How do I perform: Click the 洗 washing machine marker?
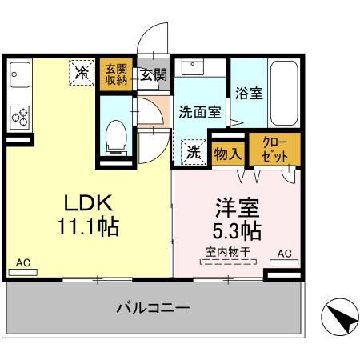193,152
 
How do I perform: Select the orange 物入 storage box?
228,152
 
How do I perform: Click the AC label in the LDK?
23,262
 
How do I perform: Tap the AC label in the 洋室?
283,254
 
